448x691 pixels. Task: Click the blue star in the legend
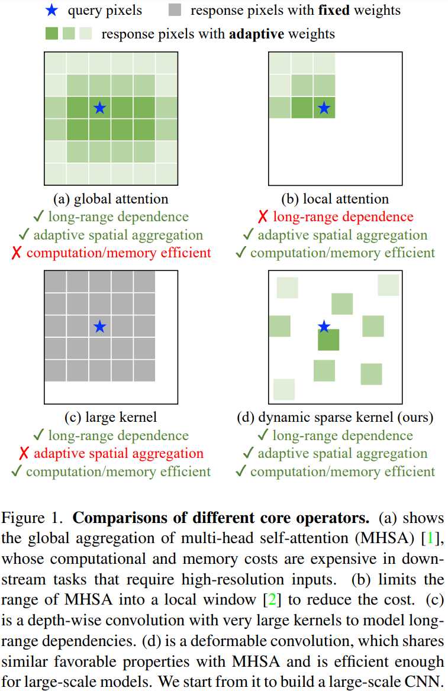52,10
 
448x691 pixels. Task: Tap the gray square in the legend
181,10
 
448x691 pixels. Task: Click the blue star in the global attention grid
99,108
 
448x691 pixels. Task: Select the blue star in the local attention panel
324,108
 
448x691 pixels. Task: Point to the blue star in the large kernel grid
99,326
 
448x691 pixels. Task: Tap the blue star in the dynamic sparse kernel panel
324,327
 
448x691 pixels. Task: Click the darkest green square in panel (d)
328,340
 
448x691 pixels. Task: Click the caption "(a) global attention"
111,199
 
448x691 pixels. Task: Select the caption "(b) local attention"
335,199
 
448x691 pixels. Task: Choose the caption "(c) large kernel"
111,417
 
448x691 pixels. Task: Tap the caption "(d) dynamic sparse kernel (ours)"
335,417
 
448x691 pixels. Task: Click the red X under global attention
17,253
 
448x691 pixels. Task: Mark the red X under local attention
263,217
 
